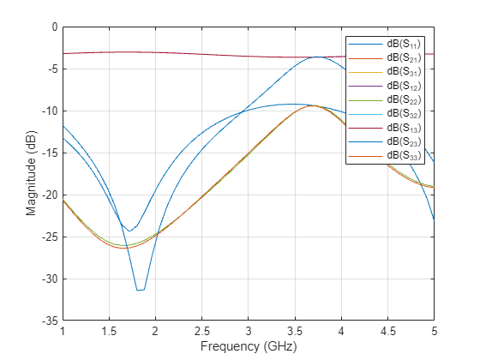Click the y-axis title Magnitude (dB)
click(x=31, y=173)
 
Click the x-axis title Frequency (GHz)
click(x=248, y=348)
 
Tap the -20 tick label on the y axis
click(x=48, y=195)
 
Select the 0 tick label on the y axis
click(x=53, y=27)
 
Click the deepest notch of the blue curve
click(x=140, y=291)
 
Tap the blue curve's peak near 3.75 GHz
click(x=318, y=57)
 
